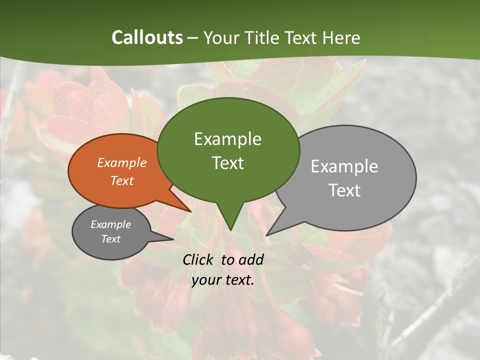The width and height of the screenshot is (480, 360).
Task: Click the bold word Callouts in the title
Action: point(147,37)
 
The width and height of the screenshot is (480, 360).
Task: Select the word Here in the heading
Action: point(342,37)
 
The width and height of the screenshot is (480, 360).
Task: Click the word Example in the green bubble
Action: point(227,139)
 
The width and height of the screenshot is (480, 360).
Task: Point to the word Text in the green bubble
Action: point(227,163)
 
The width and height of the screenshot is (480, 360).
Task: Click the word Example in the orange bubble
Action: point(121,162)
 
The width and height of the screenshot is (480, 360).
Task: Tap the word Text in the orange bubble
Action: point(121,180)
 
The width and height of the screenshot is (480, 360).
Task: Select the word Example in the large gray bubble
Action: point(344,166)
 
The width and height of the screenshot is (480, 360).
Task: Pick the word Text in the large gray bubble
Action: point(344,190)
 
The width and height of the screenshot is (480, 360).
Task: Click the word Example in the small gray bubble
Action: point(110,224)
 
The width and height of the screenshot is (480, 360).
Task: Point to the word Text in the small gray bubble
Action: point(110,239)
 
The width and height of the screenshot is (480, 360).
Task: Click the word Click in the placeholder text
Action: point(199,259)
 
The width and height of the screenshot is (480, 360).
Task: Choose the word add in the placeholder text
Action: point(251,259)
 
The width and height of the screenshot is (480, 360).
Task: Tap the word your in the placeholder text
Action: point(205,280)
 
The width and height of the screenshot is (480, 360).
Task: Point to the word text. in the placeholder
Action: point(239,280)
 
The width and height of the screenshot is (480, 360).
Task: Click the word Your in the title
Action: point(222,37)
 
